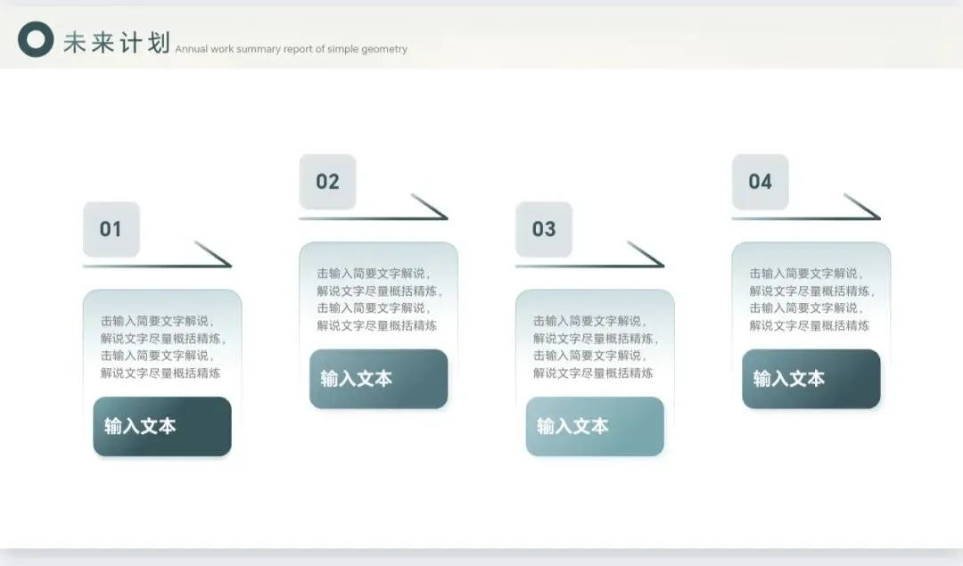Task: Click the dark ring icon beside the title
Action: point(36,39)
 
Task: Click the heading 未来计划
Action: point(116,41)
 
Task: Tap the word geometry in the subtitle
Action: point(386,49)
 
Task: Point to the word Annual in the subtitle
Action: point(192,49)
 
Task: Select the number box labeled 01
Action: point(111,229)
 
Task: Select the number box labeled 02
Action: point(327,182)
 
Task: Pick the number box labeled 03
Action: point(544,229)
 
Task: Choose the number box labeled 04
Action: point(760,182)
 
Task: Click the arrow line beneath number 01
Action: point(156,265)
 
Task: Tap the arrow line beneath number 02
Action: point(373,217)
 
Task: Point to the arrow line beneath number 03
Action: point(589,265)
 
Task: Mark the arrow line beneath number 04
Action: point(805,217)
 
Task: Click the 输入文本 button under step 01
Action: point(162,426)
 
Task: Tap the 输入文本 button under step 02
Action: point(378,379)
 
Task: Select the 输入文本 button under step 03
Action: point(595,426)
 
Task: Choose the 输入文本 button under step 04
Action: point(811,379)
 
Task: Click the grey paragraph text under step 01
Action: point(162,347)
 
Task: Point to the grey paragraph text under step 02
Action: point(378,299)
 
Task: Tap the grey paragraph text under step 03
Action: point(595,347)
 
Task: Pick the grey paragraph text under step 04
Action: point(811,299)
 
